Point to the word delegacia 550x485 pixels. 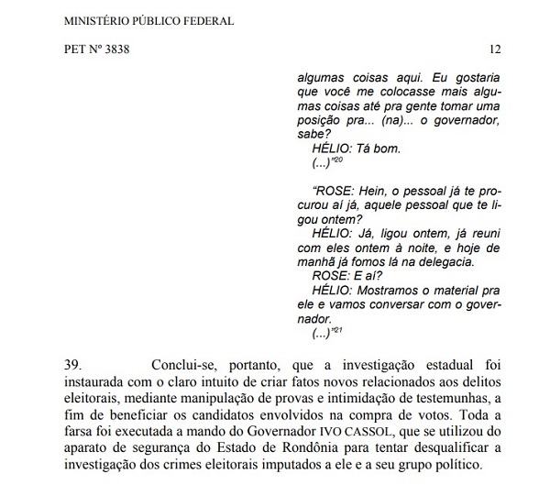click(442, 262)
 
